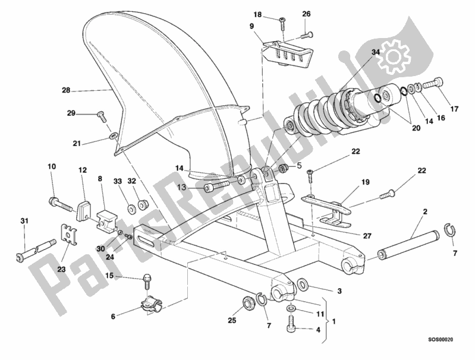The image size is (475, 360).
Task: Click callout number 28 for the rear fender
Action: pos(66,91)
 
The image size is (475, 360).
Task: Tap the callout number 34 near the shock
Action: pos(376,53)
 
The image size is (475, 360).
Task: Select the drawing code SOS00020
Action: pos(452,340)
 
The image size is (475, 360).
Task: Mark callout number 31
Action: pos(24,222)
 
